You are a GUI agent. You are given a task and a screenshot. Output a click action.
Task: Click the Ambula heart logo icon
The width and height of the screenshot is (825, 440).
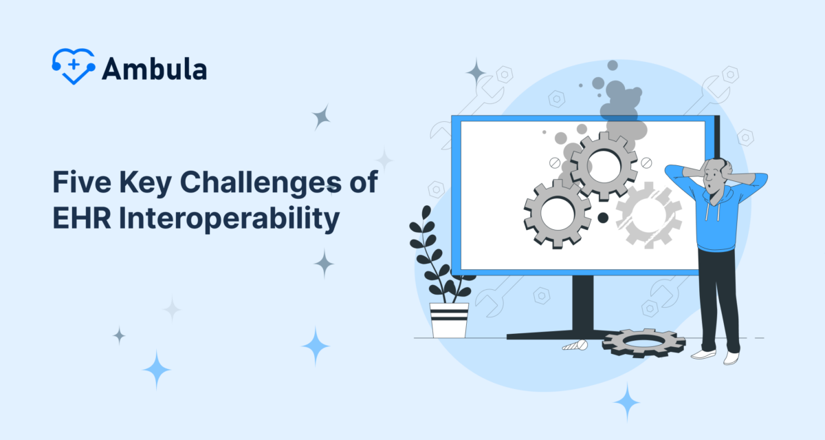pyautogui.click(x=74, y=66)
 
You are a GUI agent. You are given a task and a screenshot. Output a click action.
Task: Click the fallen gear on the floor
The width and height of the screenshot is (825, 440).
pyautogui.click(x=643, y=342)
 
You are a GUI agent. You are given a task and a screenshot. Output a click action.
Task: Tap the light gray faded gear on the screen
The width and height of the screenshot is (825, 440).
pyautogui.click(x=648, y=213)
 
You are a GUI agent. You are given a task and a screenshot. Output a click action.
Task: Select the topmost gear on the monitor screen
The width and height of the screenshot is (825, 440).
pyautogui.click(x=604, y=165)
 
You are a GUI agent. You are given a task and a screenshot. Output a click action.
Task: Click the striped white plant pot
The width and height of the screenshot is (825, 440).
pyautogui.click(x=449, y=320)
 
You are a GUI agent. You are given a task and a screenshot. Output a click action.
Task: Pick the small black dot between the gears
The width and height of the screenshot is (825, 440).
pyautogui.click(x=603, y=218)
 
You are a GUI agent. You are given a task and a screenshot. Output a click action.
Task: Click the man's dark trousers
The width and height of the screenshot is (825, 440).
pyautogui.click(x=718, y=296)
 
